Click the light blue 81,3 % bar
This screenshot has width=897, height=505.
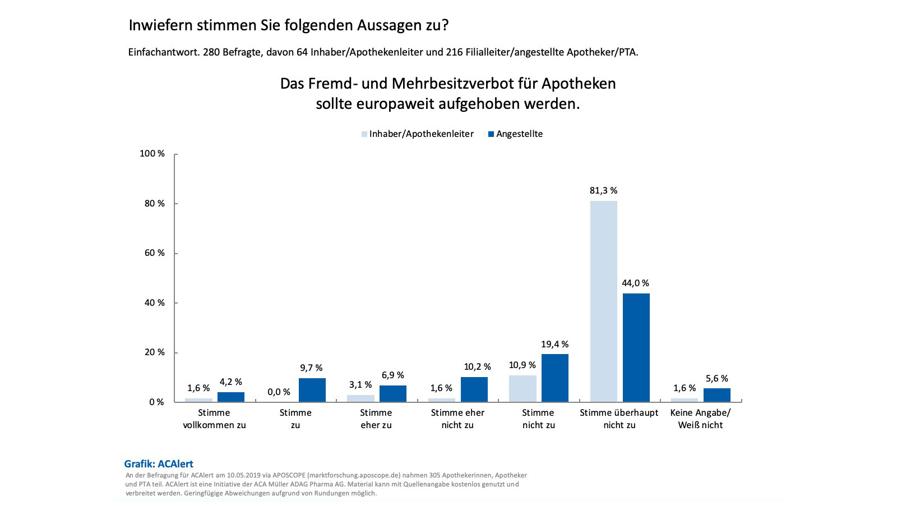pos(603,301)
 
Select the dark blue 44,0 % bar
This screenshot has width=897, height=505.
pos(636,347)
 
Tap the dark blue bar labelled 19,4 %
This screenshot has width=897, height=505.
pos(555,378)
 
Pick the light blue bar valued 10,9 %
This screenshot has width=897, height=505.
pos(523,388)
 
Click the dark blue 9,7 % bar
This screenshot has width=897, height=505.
pos(312,390)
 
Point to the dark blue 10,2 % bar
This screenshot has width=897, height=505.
pos(474,389)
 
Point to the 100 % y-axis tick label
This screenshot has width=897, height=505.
pos(152,154)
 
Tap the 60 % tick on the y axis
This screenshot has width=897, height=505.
pos(154,253)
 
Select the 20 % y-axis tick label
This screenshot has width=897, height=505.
pos(154,352)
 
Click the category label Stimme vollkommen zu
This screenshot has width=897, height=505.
pos(214,419)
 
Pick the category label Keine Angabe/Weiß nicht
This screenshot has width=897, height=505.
pos(700,419)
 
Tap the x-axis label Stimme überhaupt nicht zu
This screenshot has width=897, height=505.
pos(619,419)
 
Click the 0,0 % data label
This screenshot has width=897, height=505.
pos(279,392)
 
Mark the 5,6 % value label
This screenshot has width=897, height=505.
pos(716,379)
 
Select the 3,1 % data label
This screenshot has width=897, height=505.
pos(360,385)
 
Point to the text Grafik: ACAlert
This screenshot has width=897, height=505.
pos(159,464)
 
